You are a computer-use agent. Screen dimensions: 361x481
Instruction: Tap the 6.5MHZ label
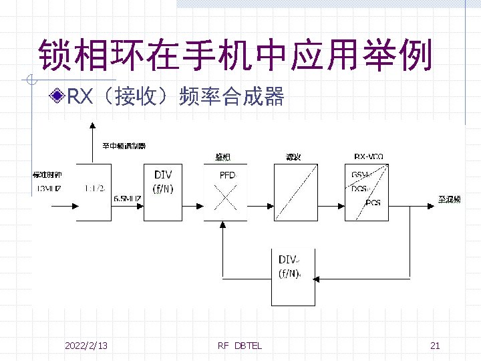click(127, 198)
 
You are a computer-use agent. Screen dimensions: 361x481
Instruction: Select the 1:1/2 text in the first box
click(94, 189)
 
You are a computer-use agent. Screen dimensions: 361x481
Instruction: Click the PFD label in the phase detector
click(227, 175)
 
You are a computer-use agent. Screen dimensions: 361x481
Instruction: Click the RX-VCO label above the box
click(368, 156)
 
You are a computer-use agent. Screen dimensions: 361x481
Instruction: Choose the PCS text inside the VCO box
click(373, 202)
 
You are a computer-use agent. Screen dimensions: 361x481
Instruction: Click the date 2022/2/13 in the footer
click(86, 346)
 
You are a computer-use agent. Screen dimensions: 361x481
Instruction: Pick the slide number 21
click(435, 346)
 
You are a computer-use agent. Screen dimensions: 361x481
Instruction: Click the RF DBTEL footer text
click(240, 346)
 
